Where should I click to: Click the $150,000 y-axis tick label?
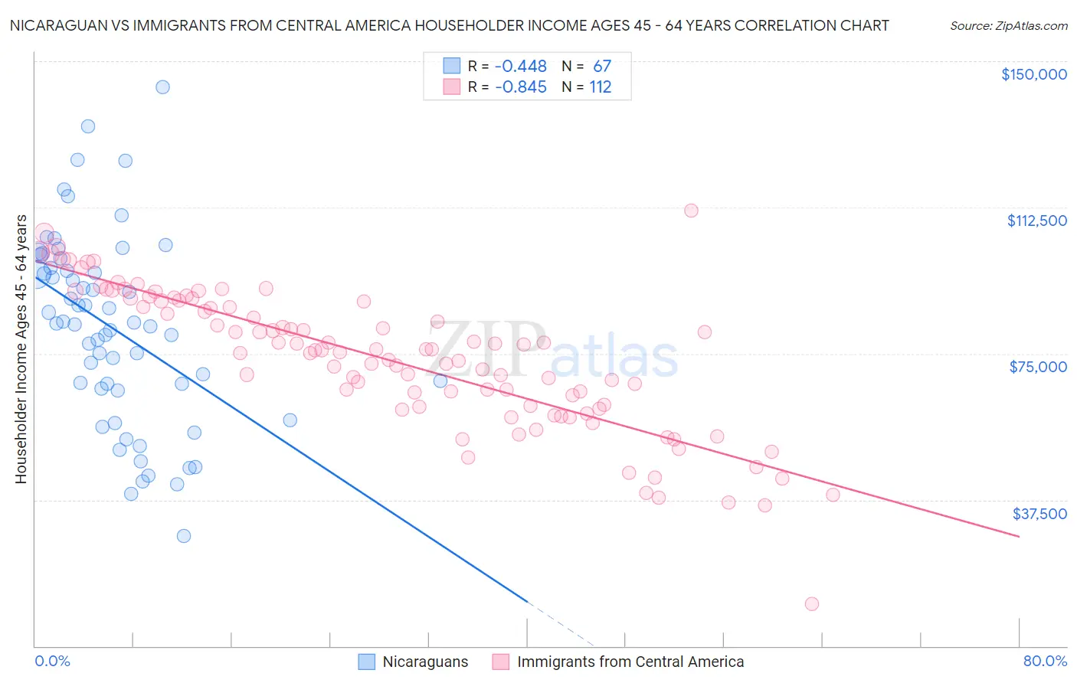1033,74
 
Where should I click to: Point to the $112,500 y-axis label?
1036,221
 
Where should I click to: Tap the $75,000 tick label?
1038,367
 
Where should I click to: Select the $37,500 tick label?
1039,514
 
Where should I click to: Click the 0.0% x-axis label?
52,661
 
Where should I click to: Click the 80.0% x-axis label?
1045,661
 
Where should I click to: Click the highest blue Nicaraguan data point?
162,87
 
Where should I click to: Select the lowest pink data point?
812,604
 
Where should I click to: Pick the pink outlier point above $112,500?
691,211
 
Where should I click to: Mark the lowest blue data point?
184,536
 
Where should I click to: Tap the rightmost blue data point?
440,381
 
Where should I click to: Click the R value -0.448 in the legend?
521,67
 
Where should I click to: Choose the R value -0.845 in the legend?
521,87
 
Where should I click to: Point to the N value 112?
601,87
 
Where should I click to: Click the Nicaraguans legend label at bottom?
425,662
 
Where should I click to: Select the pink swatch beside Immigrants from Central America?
501,662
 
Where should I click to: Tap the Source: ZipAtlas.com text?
1008,26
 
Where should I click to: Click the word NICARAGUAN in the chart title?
53,25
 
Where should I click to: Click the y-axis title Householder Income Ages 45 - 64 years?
21,349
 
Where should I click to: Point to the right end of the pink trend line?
1019,537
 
